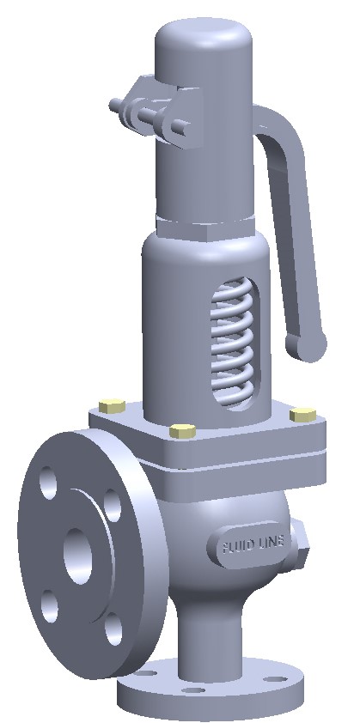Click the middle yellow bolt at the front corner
coord(180,431)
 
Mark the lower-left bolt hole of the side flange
coord(49,601)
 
